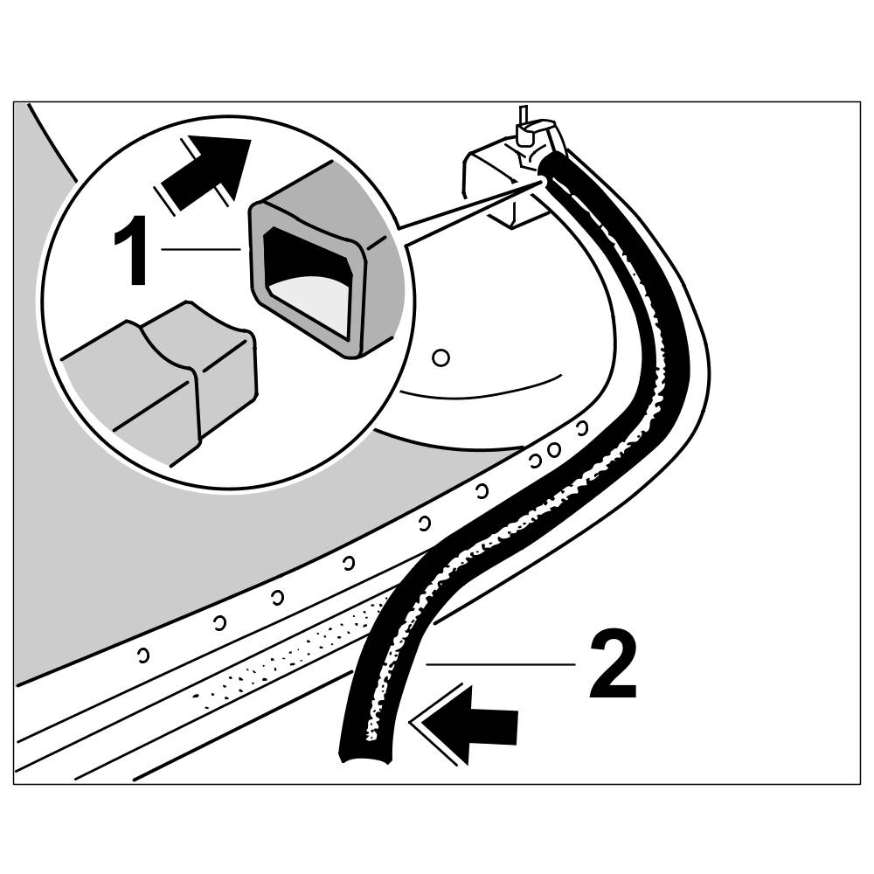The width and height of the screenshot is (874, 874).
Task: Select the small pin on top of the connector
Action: (523, 117)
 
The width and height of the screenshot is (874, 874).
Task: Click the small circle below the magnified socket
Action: (441, 357)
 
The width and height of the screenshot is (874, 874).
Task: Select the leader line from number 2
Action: (498, 665)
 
